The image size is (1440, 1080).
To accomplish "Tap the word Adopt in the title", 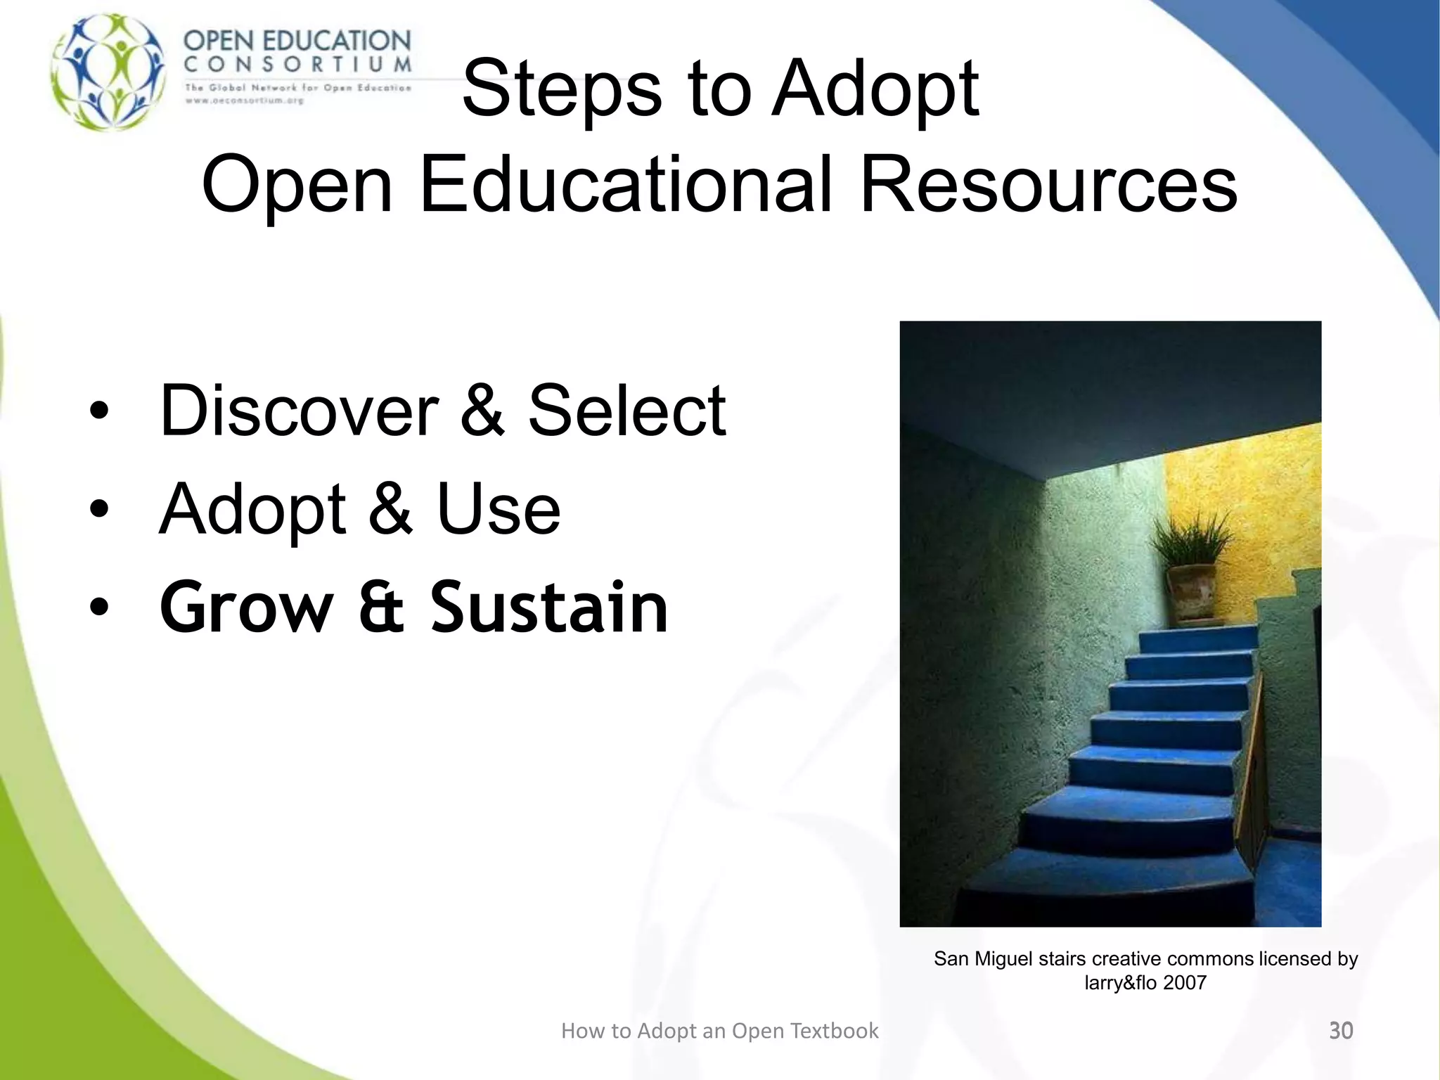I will pos(875,89).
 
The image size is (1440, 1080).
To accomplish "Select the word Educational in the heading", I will pos(626,185).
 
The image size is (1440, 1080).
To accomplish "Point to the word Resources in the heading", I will pos(1048,185).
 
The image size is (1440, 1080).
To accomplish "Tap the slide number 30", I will pos(1340,1031).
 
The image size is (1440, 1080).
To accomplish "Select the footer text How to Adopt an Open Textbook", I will pos(719,1031).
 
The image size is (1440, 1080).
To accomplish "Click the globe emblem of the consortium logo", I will pos(109,72).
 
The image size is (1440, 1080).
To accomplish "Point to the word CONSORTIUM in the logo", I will pos(297,65).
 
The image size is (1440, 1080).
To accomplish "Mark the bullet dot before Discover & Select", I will pos(99,411).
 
